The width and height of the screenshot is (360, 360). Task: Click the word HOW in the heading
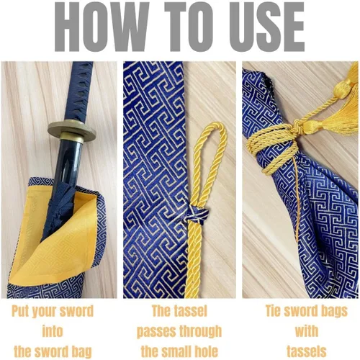coord(102,27)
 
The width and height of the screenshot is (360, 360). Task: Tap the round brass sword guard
coord(71,130)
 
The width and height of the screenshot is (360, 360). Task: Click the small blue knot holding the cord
coord(198,214)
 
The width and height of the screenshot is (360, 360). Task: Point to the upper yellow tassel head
coord(343,89)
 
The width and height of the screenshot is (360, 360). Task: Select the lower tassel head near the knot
coord(312,127)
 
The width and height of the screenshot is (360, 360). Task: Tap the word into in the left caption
coord(53,331)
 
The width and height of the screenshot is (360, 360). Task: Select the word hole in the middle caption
coord(205,351)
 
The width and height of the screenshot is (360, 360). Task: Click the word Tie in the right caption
coord(273,311)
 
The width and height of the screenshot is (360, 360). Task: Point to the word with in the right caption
coord(307,331)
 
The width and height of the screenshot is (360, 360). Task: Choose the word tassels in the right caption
coord(307,351)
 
